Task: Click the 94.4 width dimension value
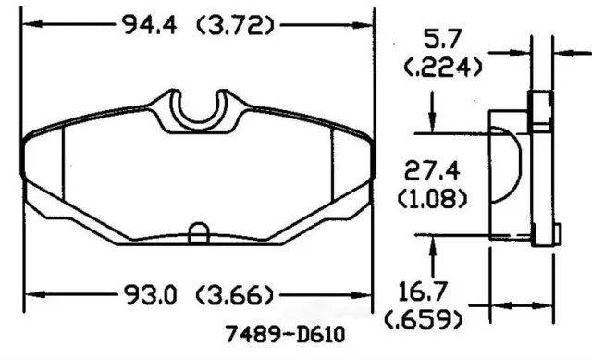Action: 150,25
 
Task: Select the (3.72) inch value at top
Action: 235,26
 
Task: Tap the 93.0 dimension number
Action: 150,294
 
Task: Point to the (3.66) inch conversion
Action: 234,295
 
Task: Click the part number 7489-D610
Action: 285,334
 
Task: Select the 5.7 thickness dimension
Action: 443,39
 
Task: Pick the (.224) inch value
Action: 443,68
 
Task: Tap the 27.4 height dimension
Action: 432,170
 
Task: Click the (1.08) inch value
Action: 433,198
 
